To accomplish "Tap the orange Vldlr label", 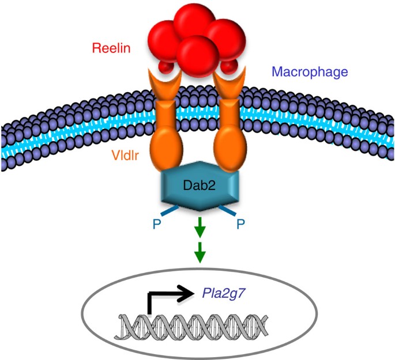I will [x=129, y=155].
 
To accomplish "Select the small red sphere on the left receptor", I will [x=167, y=69].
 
